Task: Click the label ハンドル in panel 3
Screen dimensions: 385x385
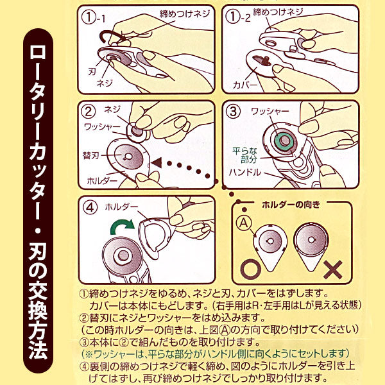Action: (x=246, y=173)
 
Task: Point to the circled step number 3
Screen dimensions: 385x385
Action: (x=234, y=111)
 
